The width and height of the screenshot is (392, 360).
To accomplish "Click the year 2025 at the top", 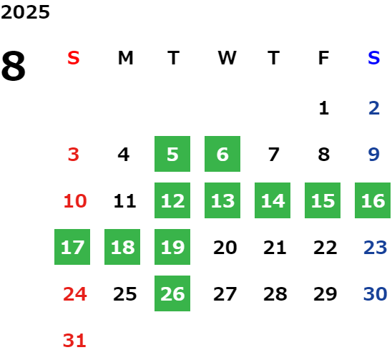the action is pyautogui.click(x=25, y=12).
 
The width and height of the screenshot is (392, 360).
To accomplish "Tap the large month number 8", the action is pyautogui.click(x=14, y=66).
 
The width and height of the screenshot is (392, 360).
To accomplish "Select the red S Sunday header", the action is pyautogui.click(x=74, y=58).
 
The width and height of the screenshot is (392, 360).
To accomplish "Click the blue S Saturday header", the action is pyautogui.click(x=373, y=58).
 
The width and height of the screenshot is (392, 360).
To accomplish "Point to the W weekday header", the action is pyautogui.click(x=227, y=58).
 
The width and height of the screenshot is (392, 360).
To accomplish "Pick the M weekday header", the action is pyautogui.click(x=125, y=58).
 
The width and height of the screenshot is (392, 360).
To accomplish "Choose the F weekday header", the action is pyautogui.click(x=324, y=58).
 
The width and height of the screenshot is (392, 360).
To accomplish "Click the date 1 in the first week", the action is pyautogui.click(x=324, y=108).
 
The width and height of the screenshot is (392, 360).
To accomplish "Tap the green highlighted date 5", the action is pyautogui.click(x=172, y=154).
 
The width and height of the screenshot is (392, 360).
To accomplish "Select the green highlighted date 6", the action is pyautogui.click(x=222, y=154).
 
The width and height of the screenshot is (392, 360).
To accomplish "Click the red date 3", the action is pyautogui.click(x=74, y=155).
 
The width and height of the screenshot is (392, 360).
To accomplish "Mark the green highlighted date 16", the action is pyautogui.click(x=373, y=200).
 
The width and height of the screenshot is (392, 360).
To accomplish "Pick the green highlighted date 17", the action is pyautogui.click(x=72, y=247).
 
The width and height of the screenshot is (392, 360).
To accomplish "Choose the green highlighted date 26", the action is pyautogui.click(x=172, y=293).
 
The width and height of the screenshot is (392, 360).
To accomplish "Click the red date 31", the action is pyautogui.click(x=74, y=341).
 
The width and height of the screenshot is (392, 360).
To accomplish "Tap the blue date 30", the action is pyautogui.click(x=375, y=293).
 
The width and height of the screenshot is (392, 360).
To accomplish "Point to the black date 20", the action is pyautogui.click(x=225, y=248).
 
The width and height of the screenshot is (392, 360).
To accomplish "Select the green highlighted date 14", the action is pyautogui.click(x=273, y=200).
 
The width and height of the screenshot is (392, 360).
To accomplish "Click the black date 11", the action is pyautogui.click(x=124, y=201).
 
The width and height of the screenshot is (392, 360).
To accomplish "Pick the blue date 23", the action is pyautogui.click(x=375, y=248).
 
